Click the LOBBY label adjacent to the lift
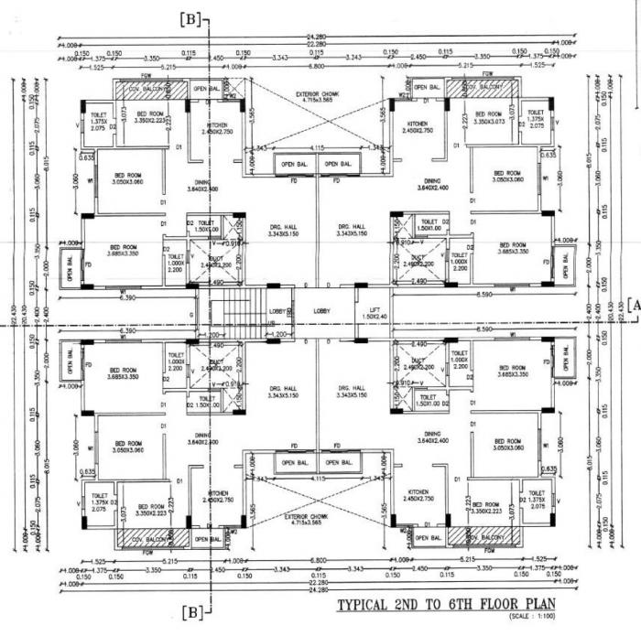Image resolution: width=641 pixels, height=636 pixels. [x=321, y=312]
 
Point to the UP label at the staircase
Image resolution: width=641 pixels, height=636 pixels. [x=271, y=322]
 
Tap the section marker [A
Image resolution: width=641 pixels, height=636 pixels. [x=631, y=307]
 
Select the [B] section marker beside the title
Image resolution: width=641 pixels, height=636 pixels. [x=194, y=609]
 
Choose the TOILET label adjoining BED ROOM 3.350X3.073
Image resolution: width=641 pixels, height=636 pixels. [x=537, y=118]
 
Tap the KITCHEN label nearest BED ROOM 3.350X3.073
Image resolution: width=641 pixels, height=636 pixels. [x=417, y=126]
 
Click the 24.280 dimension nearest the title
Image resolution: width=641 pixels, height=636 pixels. [x=318, y=589]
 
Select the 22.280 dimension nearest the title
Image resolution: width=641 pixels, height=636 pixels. [x=318, y=582]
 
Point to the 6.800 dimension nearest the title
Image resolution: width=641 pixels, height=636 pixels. [x=318, y=558]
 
